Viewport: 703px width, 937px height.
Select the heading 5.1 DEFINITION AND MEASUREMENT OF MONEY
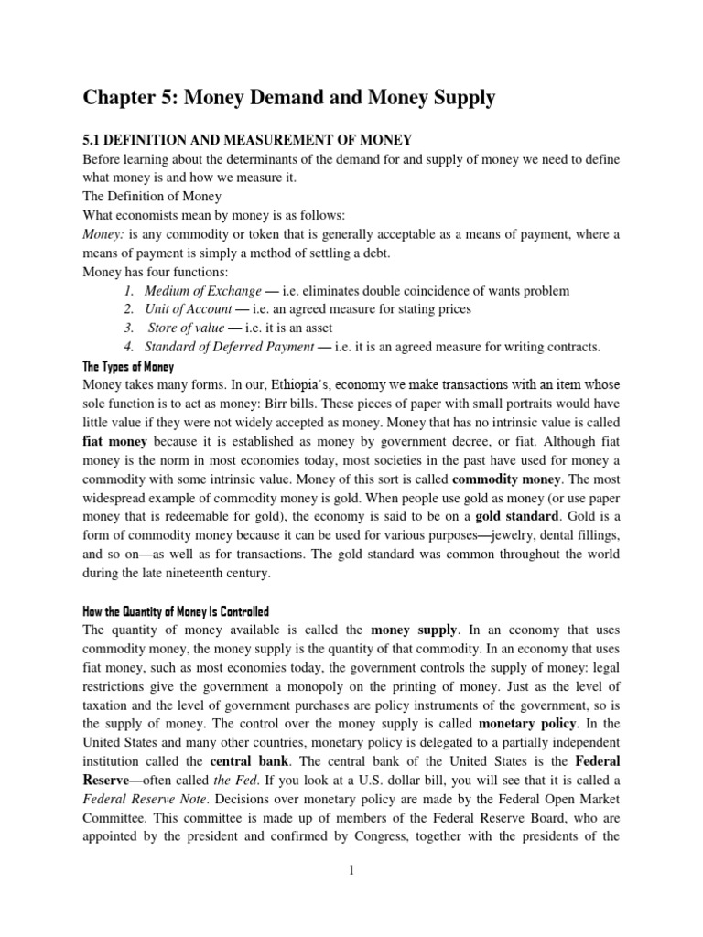248,140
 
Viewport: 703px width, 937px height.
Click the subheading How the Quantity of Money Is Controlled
177,611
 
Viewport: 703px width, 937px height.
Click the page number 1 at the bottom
351,869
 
